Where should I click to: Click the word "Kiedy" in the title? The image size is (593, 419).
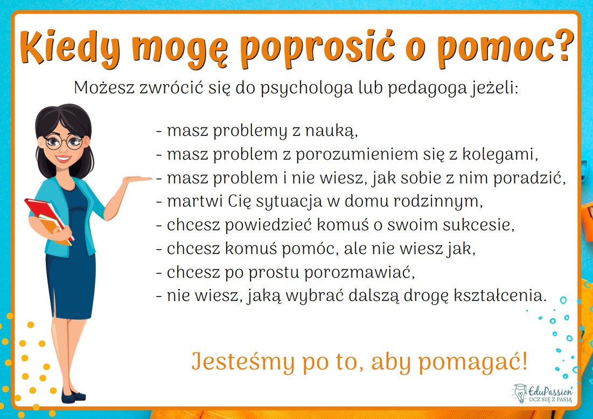(71, 47)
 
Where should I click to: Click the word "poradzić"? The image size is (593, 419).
(529, 178)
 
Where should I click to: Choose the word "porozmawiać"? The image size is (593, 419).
(359, 272)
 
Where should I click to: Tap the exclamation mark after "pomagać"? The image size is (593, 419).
(524, 360)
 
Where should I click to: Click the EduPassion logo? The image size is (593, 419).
(543, 393)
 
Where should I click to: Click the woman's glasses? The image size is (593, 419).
(64, 142)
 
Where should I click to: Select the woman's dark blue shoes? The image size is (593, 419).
(73, 396)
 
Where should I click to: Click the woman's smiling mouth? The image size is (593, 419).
(63, 158)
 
